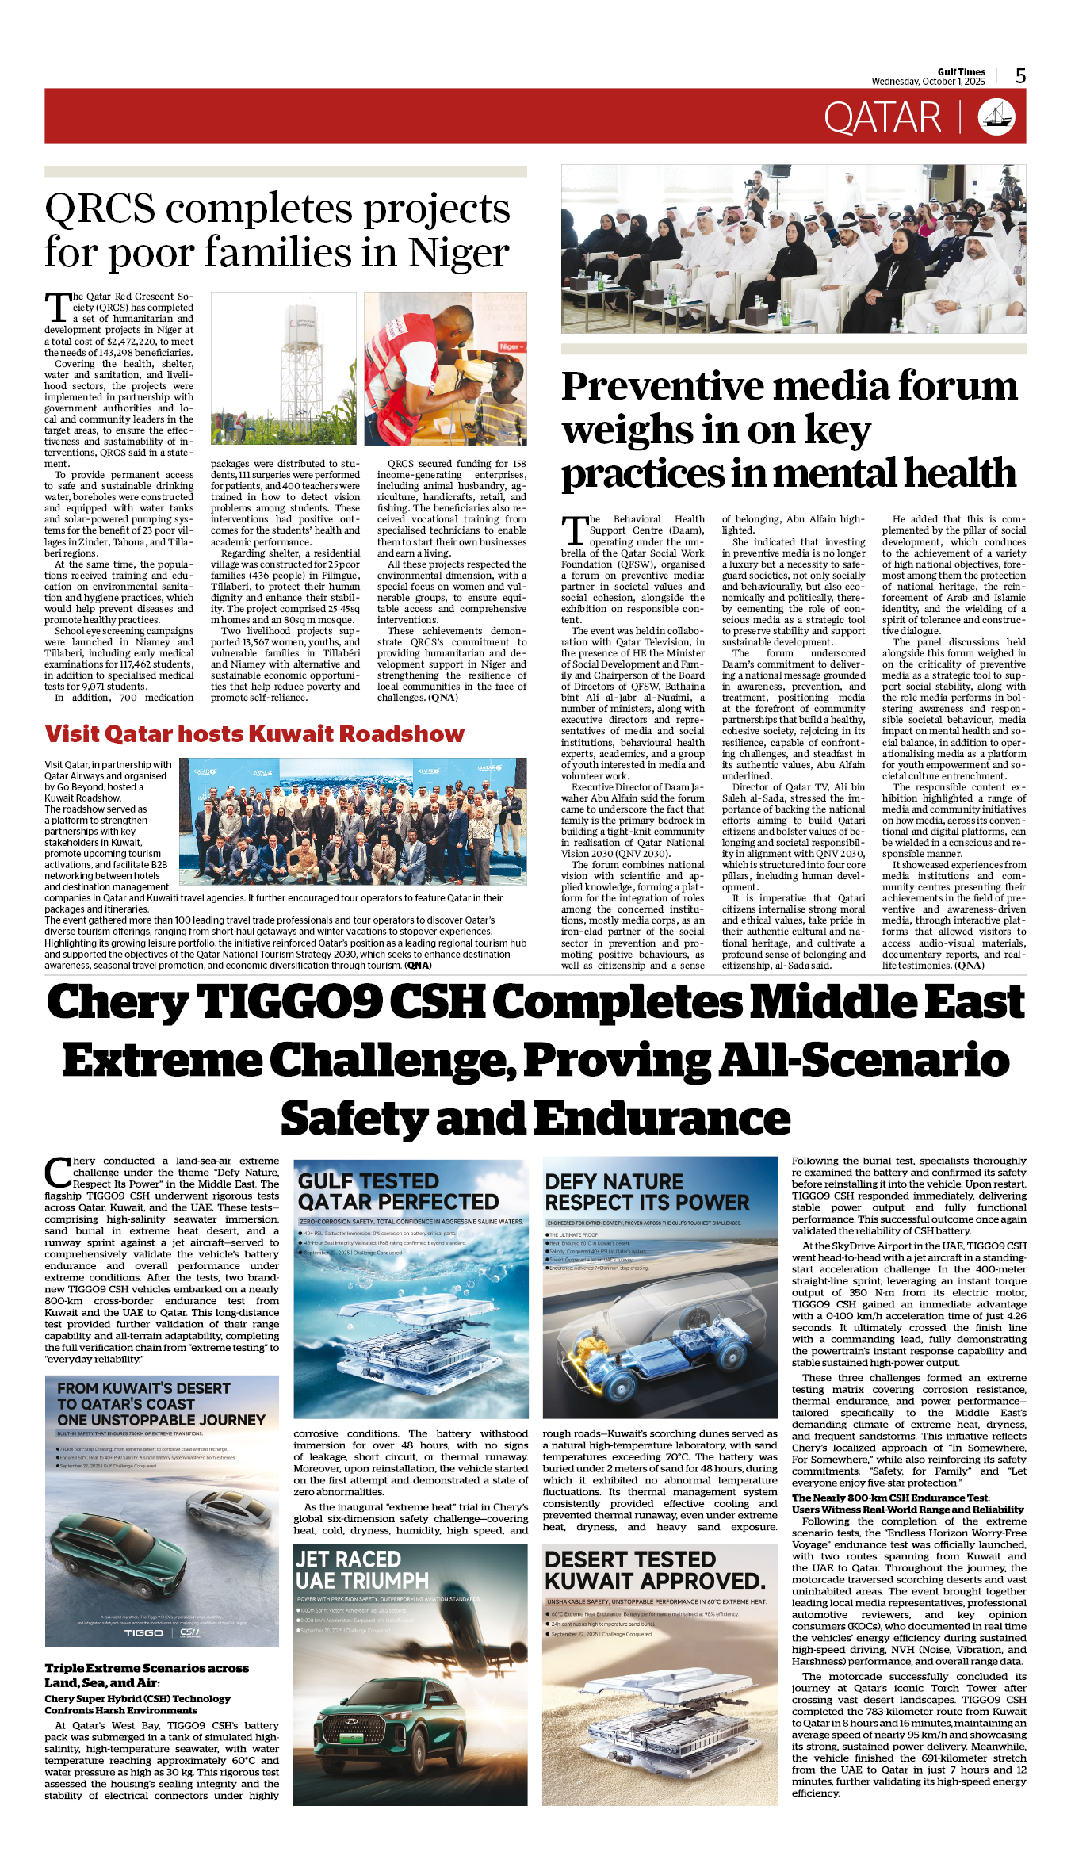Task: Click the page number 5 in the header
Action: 1020,76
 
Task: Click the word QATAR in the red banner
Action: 882,118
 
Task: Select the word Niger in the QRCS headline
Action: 458,253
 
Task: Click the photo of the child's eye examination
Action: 446,369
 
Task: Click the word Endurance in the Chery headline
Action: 662,1119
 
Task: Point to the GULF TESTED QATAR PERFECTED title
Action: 398,1192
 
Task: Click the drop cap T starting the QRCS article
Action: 58,307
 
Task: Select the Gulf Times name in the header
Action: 961,71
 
